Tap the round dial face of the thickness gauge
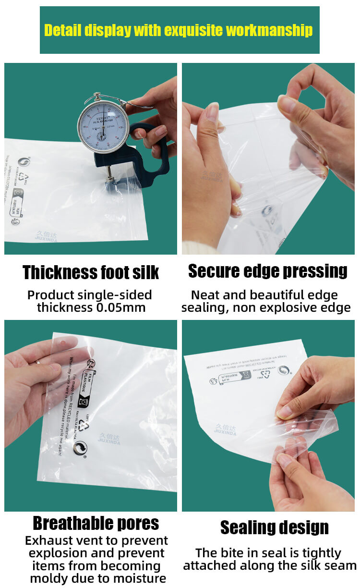tap(103, 125)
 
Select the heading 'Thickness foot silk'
tap(91, 272)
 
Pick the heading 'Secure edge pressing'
tap(267, 271)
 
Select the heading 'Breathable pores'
tap(96, 523)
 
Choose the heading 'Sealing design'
tap(274, 527)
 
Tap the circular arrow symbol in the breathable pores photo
tap(80, 449)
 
